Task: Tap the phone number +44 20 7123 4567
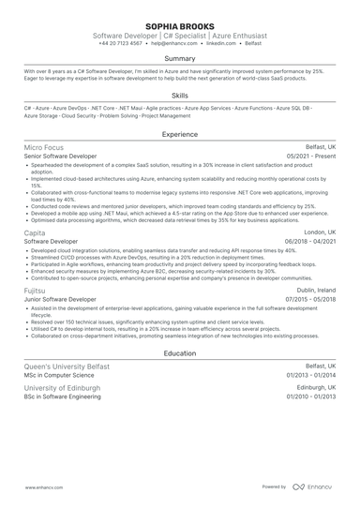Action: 118,43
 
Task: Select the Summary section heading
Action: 180,59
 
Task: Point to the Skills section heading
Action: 180,95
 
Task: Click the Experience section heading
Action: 180,134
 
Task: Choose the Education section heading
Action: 180,353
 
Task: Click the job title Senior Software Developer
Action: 60,157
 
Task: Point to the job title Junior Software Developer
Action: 60,301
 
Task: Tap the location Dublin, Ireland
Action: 312,292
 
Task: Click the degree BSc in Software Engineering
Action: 62,396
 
